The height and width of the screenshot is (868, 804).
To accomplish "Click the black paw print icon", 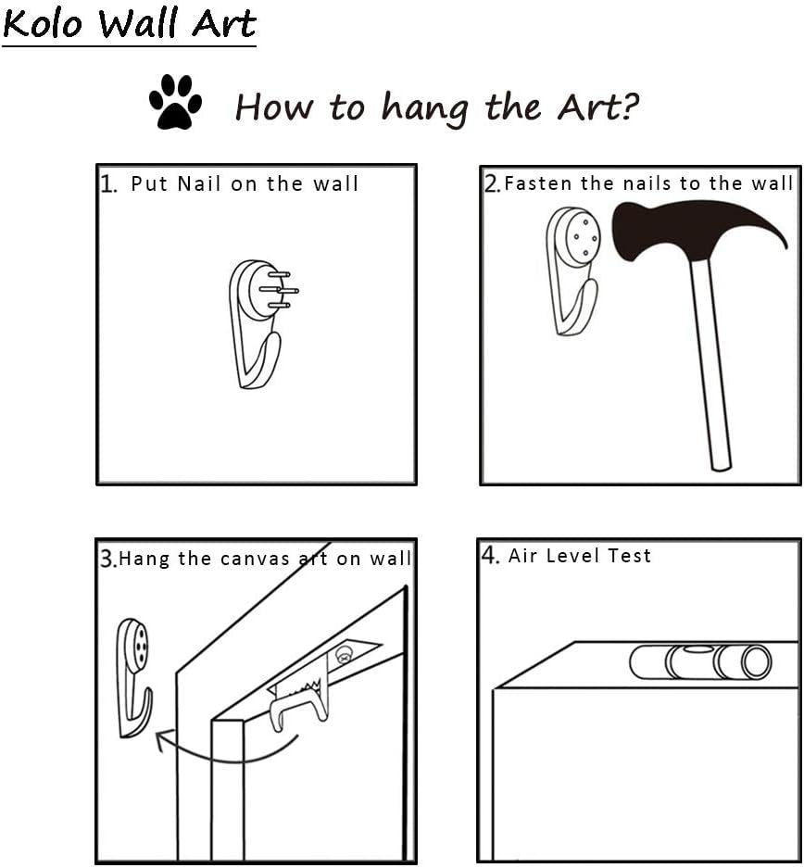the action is pos(175,102).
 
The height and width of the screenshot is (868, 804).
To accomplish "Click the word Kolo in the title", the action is pos(43,23).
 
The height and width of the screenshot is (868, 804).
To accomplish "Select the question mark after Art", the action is pos(629,106).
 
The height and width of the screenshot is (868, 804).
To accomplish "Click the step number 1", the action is pos(107,183).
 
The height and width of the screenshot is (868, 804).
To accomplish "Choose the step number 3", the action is pos(107,558).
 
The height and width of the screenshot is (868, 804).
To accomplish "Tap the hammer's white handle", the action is pos(711,365).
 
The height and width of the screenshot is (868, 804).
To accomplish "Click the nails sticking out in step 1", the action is pos(279,290).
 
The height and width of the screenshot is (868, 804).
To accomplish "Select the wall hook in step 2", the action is pos(572,271).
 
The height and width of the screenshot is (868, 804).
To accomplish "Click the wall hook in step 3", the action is pos(134,678).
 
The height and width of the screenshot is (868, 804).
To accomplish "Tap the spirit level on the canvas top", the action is pos(700,662).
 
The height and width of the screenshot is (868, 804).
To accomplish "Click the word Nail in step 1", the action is pos(198,183).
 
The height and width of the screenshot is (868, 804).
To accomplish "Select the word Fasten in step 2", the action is pos(538,183).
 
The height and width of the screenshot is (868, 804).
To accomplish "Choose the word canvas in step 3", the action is pos(255,560).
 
